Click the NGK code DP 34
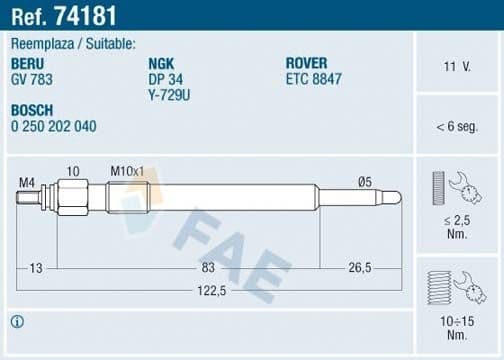(x=165, y=79)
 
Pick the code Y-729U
(x=169, y=94)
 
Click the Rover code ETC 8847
(x=315, y=79)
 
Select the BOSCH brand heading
(x=34, y=110)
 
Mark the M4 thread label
(x=27, y=182)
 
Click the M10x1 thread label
(x=128, y=173)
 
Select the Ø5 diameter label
(x=365, y=182)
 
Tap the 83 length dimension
(x=207, y=268)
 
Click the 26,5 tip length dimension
(x=361, y=268)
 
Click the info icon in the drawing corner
(x=18, y=321)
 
